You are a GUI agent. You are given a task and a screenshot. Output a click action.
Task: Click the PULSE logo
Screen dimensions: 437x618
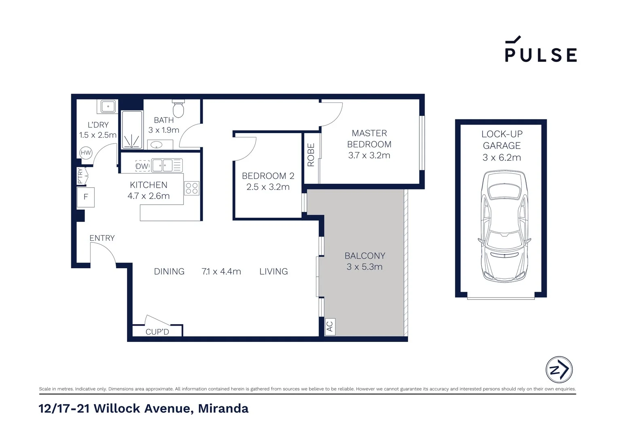click(540, 50)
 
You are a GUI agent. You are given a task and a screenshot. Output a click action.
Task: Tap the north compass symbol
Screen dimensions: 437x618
click(559, 369)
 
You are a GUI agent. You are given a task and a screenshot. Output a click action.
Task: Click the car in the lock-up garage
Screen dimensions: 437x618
click(504, 227)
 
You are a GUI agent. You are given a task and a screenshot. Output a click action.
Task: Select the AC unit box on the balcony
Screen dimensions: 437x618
click(330, 326)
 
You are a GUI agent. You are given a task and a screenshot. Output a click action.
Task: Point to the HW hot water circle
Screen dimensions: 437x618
click(86, 153)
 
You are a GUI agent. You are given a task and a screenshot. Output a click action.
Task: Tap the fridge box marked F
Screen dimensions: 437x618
click(86, 197)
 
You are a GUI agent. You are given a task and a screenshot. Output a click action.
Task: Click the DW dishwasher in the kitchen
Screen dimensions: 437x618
click(142, 166)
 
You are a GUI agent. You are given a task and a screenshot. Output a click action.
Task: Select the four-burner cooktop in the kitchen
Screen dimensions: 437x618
click(192, 188)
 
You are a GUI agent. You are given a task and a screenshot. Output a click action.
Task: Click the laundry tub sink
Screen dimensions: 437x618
click(108, 107)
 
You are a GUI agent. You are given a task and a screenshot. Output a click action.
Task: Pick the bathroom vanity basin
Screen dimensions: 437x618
click(156, 144)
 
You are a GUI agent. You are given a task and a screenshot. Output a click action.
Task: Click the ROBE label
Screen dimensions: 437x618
click(311, 155)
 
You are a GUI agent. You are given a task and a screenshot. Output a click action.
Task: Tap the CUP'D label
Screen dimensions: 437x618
click(157, 332)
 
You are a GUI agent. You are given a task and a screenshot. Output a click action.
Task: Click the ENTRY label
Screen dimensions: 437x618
click(102, 238)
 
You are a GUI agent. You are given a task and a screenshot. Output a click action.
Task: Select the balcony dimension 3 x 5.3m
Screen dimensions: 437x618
click(364, 267)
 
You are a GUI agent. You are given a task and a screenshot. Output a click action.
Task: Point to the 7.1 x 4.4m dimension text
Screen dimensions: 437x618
click(221, 272)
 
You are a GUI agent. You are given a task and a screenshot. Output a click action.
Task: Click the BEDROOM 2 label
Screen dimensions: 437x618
click(268, 176)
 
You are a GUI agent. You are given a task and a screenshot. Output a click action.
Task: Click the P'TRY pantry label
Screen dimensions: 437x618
click(80, 176)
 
